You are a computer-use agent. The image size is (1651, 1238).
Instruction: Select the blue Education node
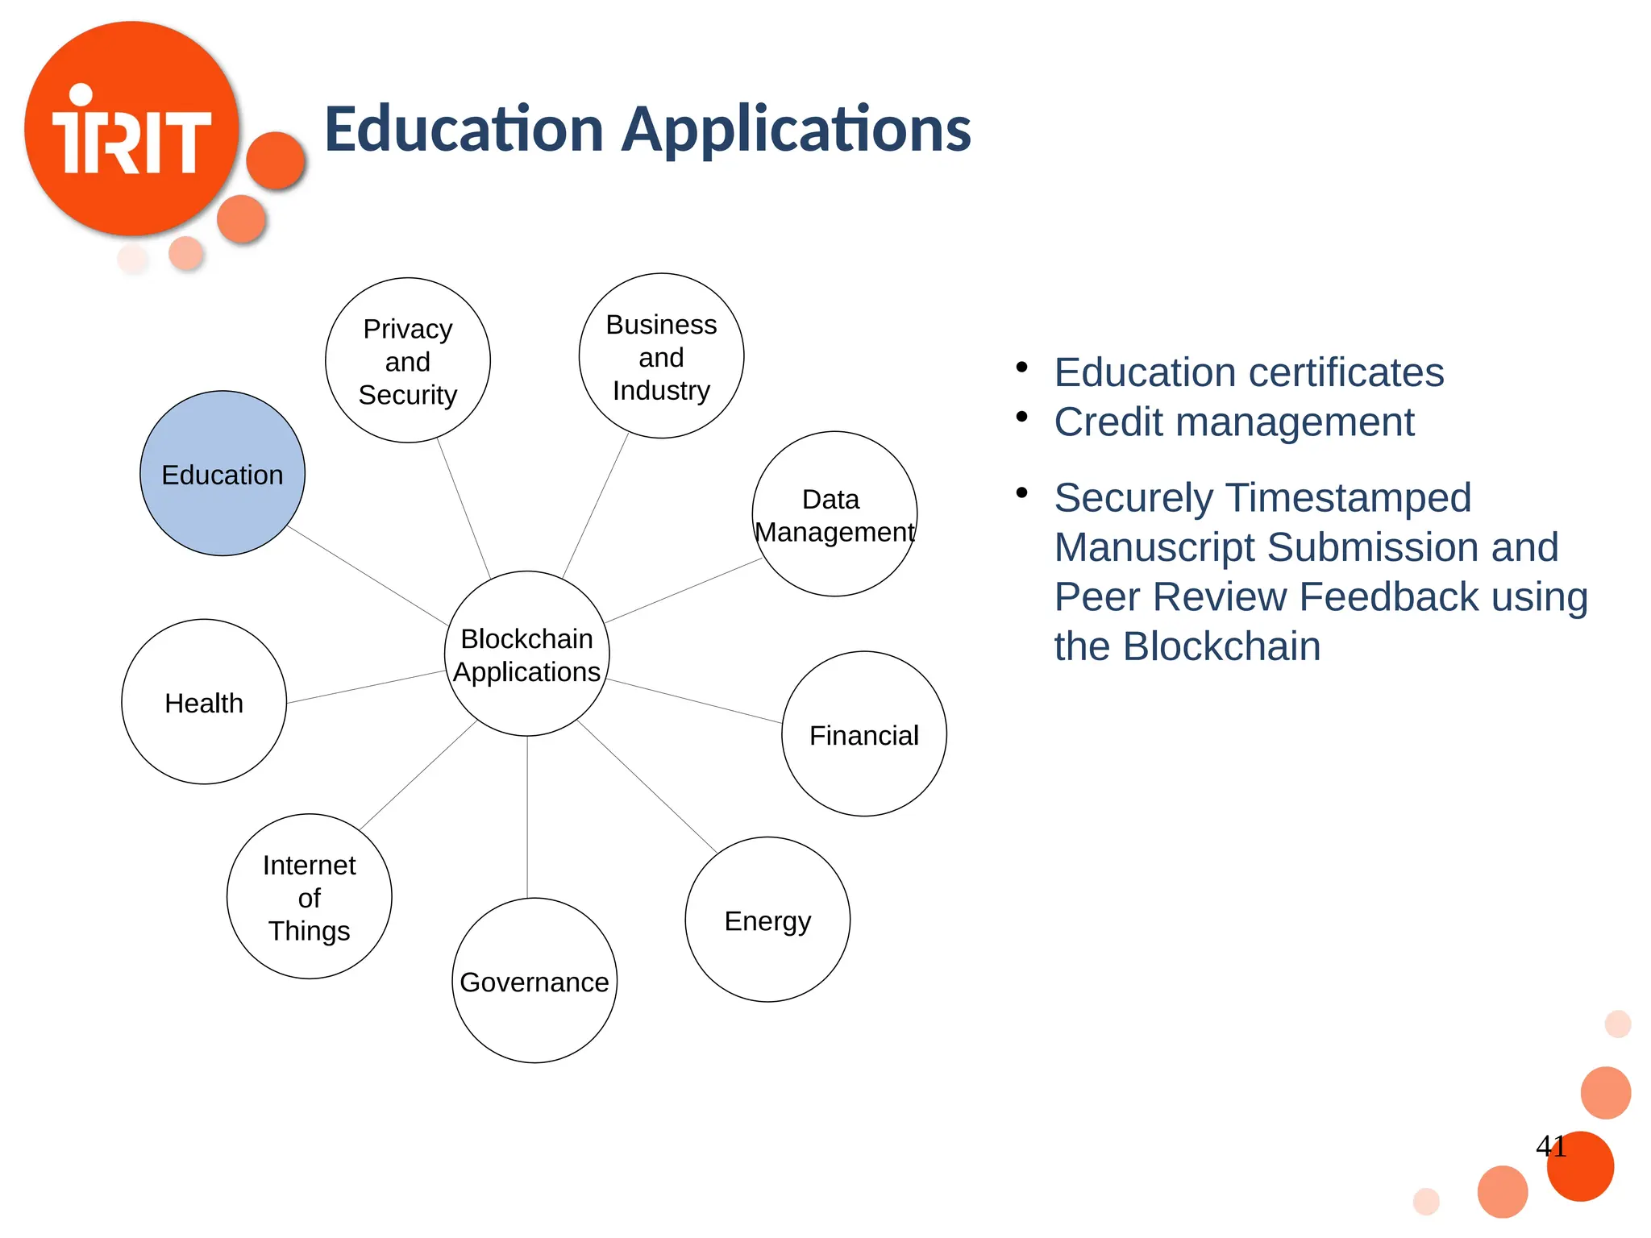(222, 474)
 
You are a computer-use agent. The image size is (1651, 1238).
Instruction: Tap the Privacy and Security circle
(408, 361)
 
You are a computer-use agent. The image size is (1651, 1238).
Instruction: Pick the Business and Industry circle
(661, 357)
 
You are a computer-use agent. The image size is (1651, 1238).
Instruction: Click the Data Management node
(834, 515)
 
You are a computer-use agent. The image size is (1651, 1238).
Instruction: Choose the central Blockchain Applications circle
(527, 654)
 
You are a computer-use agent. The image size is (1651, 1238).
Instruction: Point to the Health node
(204, 703)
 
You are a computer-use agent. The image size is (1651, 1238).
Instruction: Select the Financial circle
(863, 735)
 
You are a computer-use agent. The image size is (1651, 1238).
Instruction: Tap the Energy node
(767, 920)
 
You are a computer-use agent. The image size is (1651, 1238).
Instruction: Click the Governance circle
(534, 982)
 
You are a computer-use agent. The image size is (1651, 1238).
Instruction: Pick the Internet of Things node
(310, 897)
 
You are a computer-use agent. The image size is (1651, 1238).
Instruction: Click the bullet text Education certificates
(1249, 372)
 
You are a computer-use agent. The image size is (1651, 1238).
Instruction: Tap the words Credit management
(1234, 422)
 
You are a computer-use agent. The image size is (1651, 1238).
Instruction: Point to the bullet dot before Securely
(1022, 492)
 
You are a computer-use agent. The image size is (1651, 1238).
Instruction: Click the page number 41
(1551, 1146)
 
